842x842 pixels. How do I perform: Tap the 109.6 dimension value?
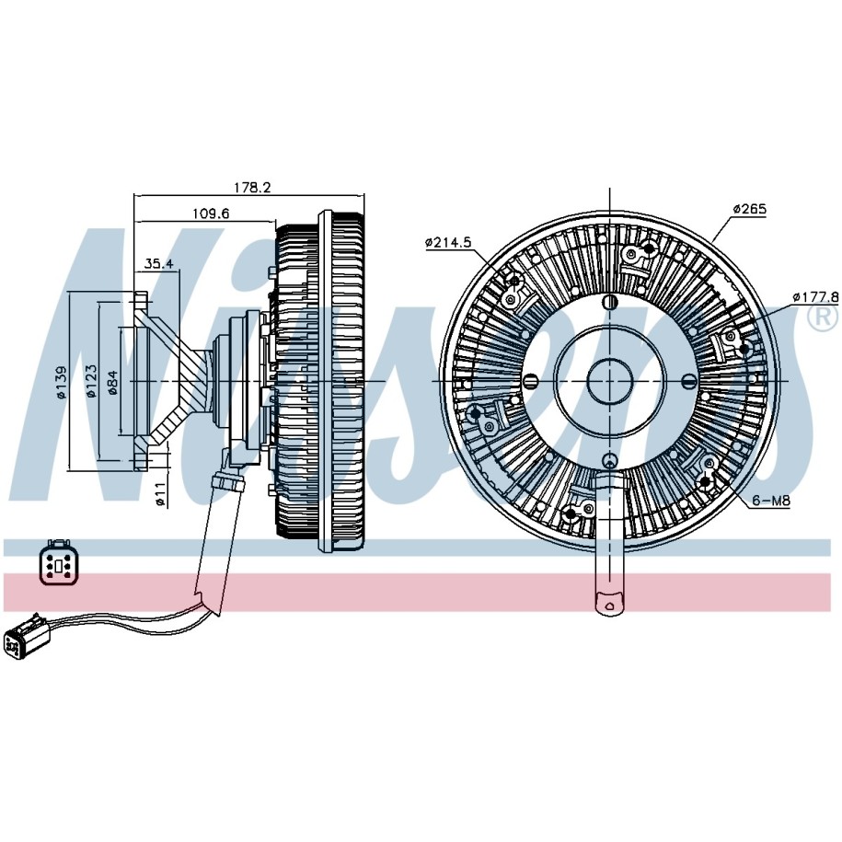pos(211,213)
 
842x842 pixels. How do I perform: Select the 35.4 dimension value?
pos(158,264)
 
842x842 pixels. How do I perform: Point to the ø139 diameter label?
pos(62,382)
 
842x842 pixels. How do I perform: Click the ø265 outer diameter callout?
pos(749,209)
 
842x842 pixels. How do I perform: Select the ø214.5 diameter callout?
pos(448,243)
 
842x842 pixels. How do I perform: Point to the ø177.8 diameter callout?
pos(815,297)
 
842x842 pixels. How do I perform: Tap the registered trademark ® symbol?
pos(821,317)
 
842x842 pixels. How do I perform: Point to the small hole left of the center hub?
pos(530,381)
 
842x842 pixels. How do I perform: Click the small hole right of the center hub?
pos(687,381)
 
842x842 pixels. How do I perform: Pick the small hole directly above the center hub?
pos(608,302)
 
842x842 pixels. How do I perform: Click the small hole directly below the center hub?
pos(608,460)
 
